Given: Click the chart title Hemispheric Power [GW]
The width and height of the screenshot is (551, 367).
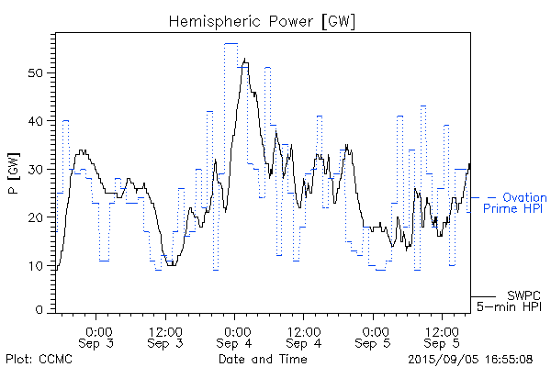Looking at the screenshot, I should tap(263, 20).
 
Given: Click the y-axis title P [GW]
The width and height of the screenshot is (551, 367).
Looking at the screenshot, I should tap(14, 173).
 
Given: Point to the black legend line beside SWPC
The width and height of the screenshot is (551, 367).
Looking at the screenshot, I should tap(484, 296).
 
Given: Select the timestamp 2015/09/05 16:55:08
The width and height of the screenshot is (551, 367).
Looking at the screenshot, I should tap(470, 358).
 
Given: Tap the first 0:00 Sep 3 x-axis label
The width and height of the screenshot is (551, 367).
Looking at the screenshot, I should tap(98, 337).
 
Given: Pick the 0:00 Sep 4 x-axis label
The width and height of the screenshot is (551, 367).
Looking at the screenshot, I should tap(235, 337).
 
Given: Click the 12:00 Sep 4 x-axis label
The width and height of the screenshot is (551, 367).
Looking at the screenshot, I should tap(304, 337).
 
